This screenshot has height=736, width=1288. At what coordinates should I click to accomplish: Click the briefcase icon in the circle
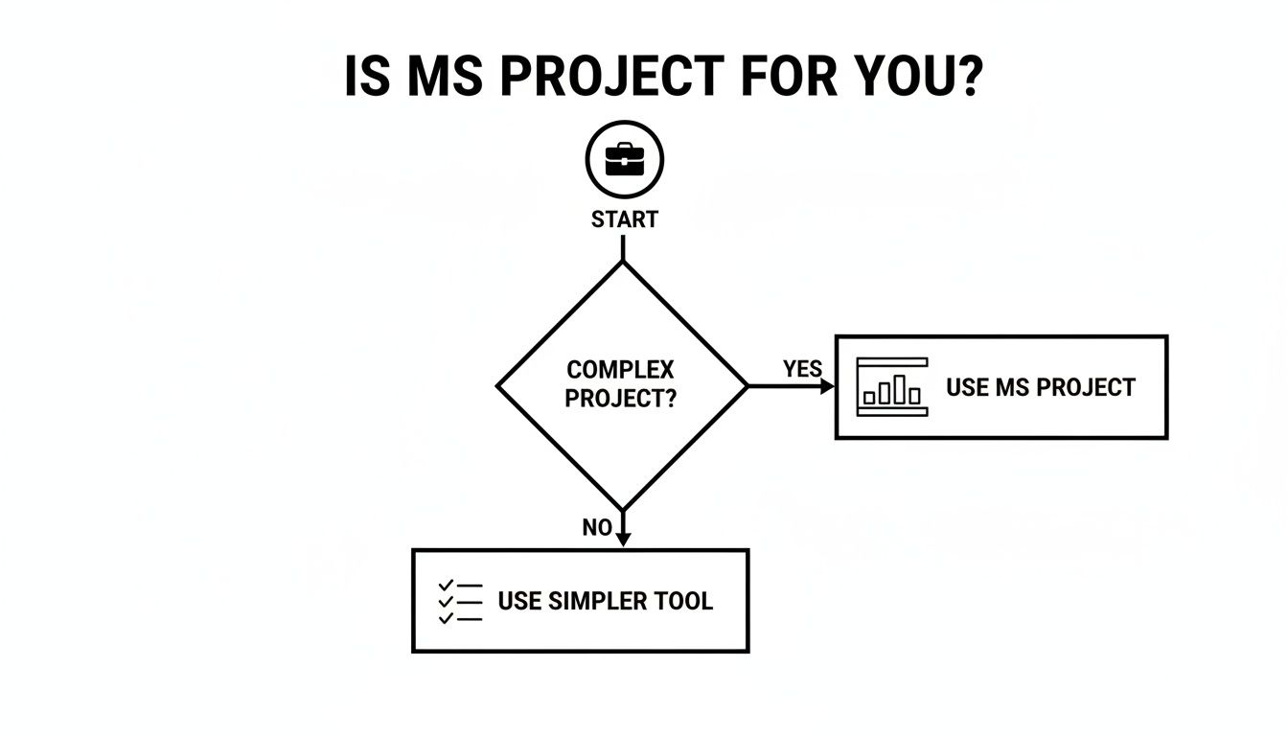(x=624, y=159)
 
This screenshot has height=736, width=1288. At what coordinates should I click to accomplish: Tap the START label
(x=624, y=219)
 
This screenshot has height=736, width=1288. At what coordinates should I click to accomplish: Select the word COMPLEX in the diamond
(x=620, y=370)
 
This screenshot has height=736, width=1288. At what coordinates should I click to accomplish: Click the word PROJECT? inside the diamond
(x=620, y=399)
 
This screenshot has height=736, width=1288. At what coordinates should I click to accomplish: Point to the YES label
(x=802, y=370)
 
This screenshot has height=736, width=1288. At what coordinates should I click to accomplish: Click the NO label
(x=596, y=528)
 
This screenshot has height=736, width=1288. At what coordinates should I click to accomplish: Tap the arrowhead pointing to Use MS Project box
(x=827, y=386)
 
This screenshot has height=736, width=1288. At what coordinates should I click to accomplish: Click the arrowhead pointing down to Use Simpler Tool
(x=623, y=540)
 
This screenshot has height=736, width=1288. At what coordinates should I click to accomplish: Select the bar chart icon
(x=892, y=387)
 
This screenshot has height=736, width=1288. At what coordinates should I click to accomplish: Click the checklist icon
(x=460, y=602)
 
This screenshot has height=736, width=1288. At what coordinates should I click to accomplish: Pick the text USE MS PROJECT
(x=1040, y=387)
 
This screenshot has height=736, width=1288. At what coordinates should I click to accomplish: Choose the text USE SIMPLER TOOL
(x=605, y=602)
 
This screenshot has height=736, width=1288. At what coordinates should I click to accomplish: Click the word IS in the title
(x=367, y=77)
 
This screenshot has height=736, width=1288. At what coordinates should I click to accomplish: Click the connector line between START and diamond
(x=623, y=246)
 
